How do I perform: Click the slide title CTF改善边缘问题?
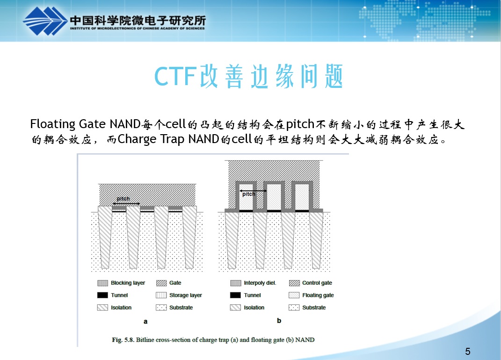pyautogui.click(x=249, y=77)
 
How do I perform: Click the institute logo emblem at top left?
pyautogui.click(x=44, y=21)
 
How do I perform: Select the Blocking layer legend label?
pyautogui.click(x=128, y=283)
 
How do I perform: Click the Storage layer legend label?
pyautogui.click(x=185, y=295)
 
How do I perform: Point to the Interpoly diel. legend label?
pyautogui.click(x=260, y=283)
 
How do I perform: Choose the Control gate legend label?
pyautogui.click(x=317, y=283)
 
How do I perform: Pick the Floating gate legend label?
pyautogui.click(x=318, y=295)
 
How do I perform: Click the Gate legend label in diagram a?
pyautogui.click(x=175, y=283)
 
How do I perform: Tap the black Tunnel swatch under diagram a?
pyautogui.click(x=102, y=295)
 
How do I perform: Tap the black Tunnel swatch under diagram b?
pyautogui.click(x=236, y=295)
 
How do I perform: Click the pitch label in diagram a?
pyautogui.click(x=123, y=199)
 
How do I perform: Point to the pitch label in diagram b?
pyautogui.click(x=248, y=194)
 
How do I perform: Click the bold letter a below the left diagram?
pyautogui.click(x=145, y=321)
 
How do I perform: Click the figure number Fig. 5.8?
pyautogui.click(x=123, y=340)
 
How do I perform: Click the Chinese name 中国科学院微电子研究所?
pyautogui.click(x=138, y=20)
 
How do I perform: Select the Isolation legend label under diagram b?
pyautogui.click(x=254, y=308)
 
